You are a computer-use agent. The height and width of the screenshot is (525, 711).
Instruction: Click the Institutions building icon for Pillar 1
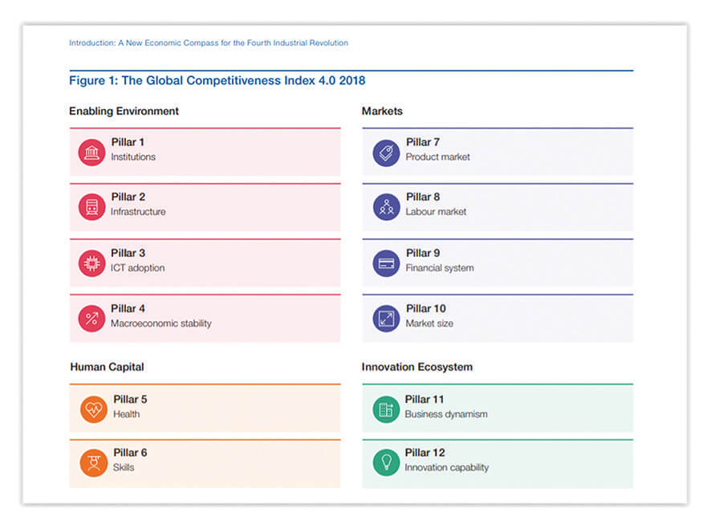(91, 152)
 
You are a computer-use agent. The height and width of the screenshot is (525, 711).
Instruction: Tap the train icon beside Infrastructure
(91, 207)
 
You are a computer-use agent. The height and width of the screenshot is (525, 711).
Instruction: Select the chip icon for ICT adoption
(91, 263)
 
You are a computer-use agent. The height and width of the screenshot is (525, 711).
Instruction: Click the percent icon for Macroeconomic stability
(91, 319)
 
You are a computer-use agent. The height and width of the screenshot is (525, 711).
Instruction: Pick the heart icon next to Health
(94, 409)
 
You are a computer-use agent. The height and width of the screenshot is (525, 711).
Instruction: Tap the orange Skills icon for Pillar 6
(94, 463)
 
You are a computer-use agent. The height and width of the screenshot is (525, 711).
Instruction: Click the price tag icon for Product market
(386, 152)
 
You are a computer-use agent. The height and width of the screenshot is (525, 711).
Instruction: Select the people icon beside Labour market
(386, 207)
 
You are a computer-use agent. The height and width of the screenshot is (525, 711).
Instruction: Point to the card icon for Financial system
(386, 263)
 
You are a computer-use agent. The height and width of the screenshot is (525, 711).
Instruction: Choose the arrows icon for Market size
(386, 319)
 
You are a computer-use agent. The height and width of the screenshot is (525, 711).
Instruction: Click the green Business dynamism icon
(386, 409)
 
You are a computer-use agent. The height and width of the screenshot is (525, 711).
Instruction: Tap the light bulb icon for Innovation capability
(386, 463)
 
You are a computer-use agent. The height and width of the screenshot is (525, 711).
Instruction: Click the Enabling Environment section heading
(124, 111)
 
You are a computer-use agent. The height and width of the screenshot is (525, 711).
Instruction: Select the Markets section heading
(382, 111)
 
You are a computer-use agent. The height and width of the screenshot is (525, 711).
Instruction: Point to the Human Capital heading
(107, 367)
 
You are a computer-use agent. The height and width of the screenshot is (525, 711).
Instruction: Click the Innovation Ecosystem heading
(416, 367)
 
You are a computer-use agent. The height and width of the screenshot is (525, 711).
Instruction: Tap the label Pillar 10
(425, 308)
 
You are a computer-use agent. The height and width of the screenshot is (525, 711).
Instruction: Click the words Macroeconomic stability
(160, 324)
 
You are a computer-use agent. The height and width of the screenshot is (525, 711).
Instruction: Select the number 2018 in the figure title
(352, 81)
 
